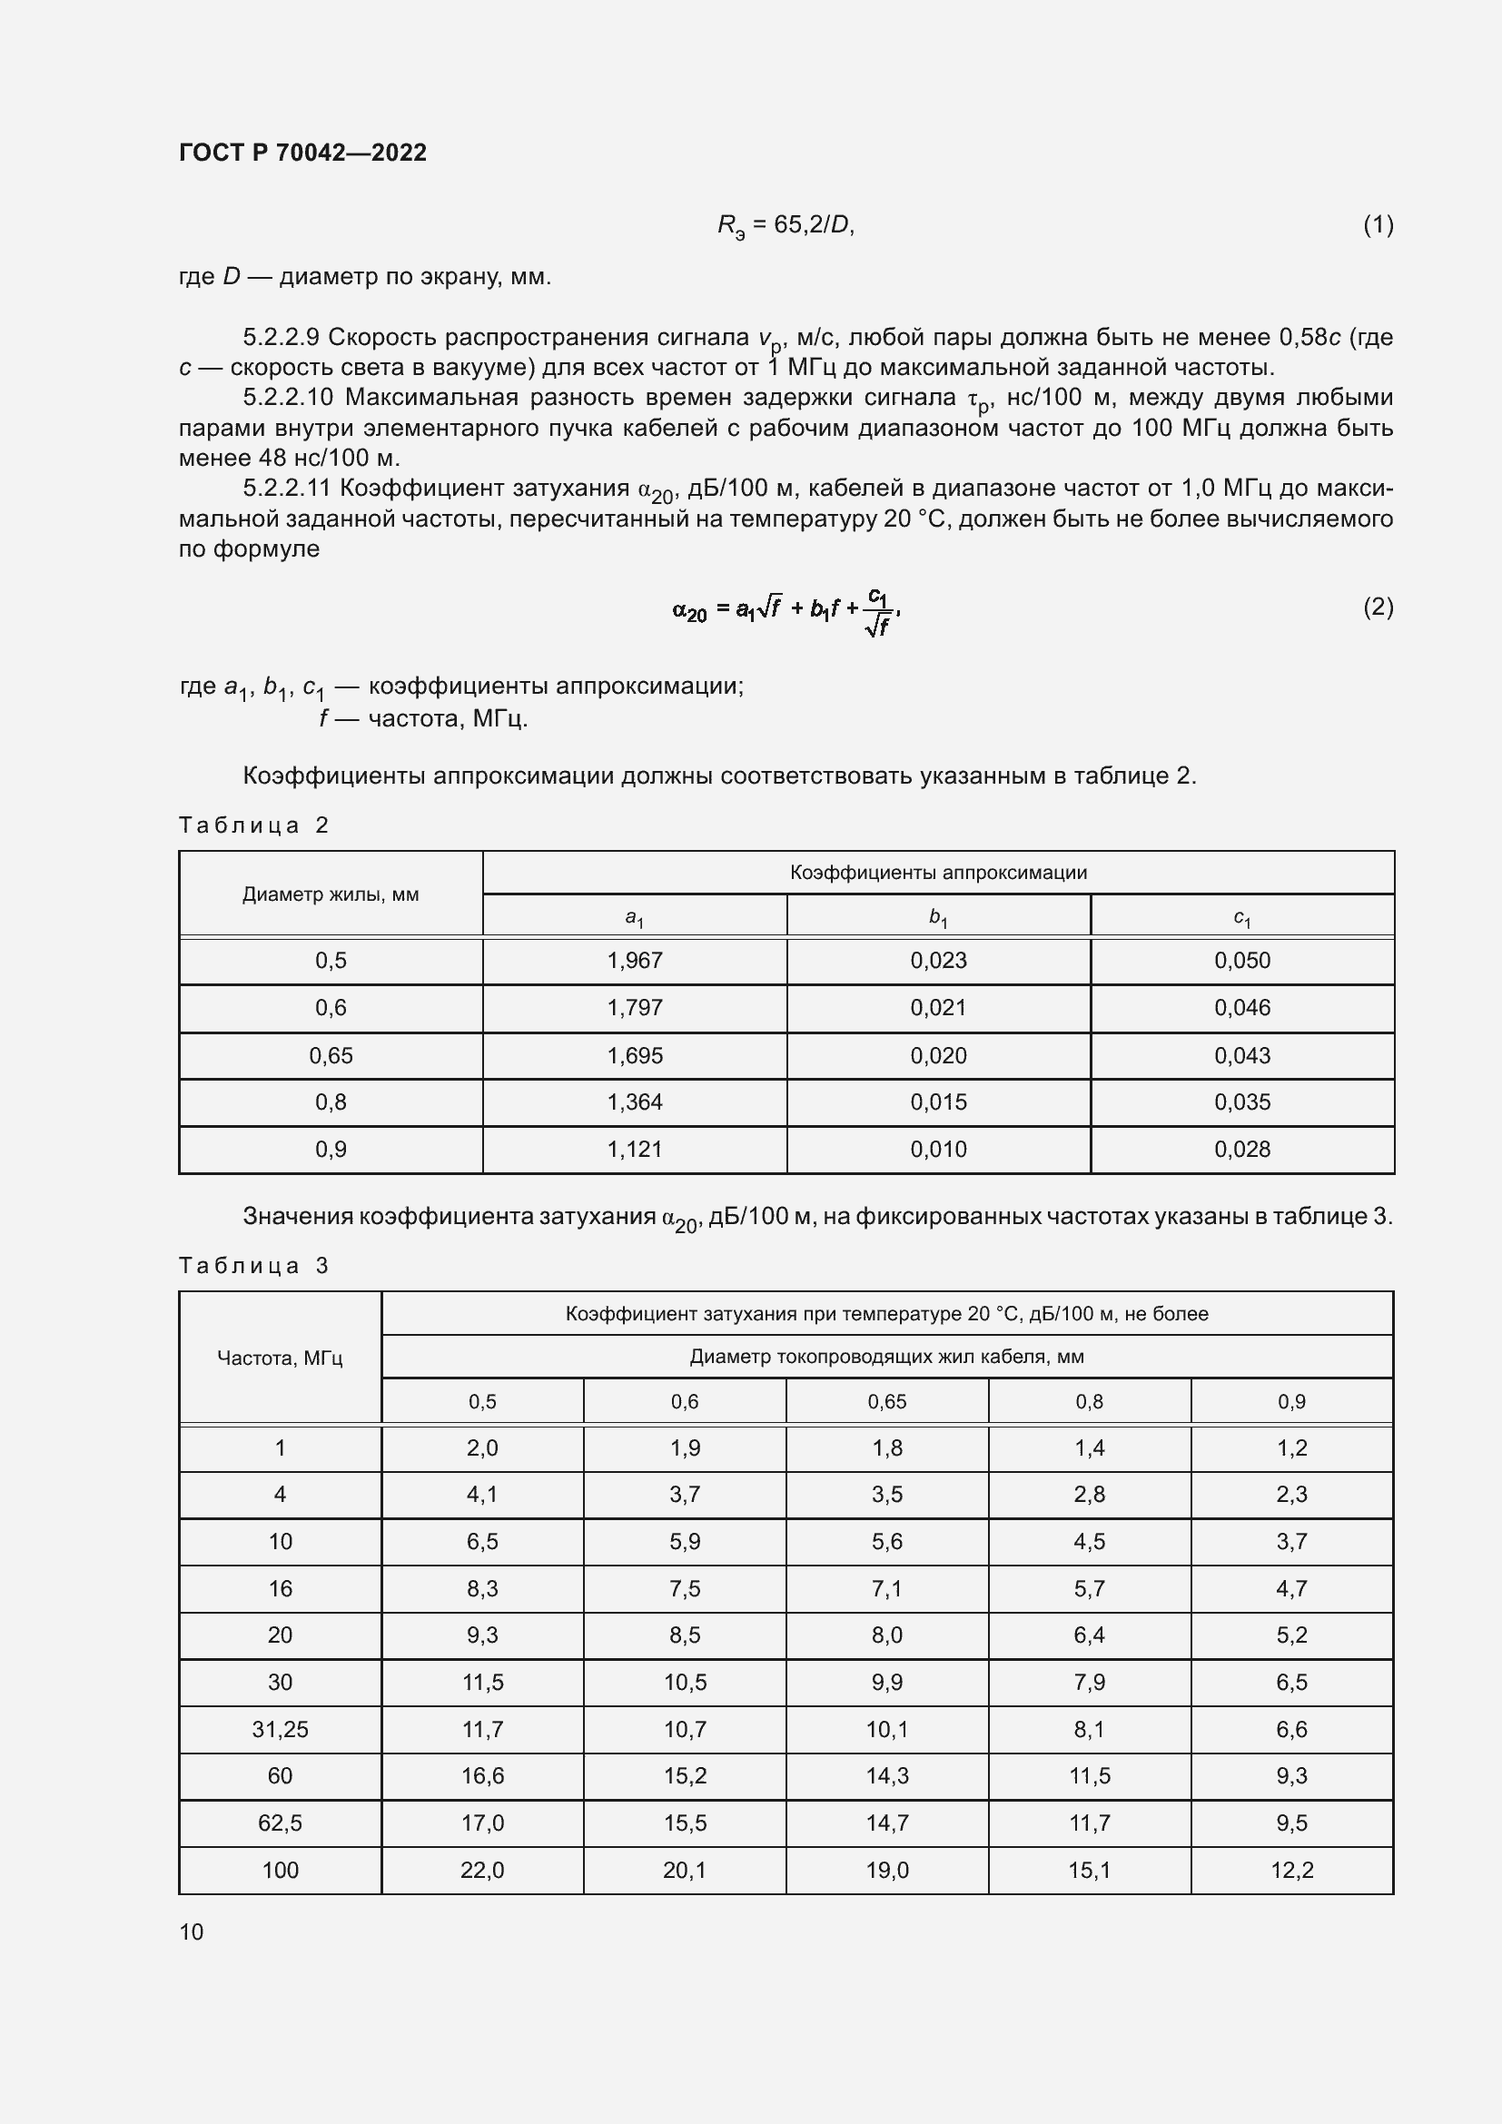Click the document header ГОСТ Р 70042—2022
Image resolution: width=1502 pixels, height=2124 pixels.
pyautogui.click(x=302, y=153)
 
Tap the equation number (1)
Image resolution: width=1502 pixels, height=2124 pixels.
pyautogui.click(x=1378, y=225)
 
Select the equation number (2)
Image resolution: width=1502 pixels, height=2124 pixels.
pyautogui.click(x=1378, y=607)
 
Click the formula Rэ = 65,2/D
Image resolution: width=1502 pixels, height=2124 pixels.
pyautogui.click(x=786, y=226)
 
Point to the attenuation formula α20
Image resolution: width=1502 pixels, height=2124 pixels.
pyautogui.click(x=786, y=609)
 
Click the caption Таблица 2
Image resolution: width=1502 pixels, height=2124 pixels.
pyautogui.click(x=253, y=825)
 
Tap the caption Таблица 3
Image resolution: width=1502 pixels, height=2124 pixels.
pyautogui.click(x=253, y=1266)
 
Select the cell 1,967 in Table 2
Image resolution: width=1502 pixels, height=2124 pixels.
pyautogui.click(x=635, y=960)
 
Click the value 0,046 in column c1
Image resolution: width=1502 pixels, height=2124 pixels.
pyautogui.click(x=1242, y=1007)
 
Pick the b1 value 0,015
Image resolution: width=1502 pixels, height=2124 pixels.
pyautogui.click(x=938, y=1102)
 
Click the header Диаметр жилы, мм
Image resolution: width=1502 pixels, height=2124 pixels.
pyautogui.click(x=331, y=894)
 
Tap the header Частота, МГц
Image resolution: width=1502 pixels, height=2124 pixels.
pyautogui.click(x=280, y=1358)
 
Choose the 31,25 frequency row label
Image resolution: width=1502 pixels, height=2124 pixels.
pyautogui.click(x=280, y=1729)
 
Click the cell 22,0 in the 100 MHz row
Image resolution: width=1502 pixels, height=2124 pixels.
pyautogui.click(x=482, y=1870)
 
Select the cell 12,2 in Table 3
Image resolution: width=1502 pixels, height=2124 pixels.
pyautogui.click(x=1291, y=1870)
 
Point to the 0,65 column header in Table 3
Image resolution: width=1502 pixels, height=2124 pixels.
pyautogui.click(x=886, y=1401)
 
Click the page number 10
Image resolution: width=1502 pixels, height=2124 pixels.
pyautogui.click(x=192, y=1931)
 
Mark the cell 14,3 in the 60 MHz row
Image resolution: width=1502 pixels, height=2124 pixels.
pyautogui.click(x=886, y=1775)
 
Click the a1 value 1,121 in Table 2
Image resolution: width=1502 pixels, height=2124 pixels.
pyautogui.click(x=635, y=1149)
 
